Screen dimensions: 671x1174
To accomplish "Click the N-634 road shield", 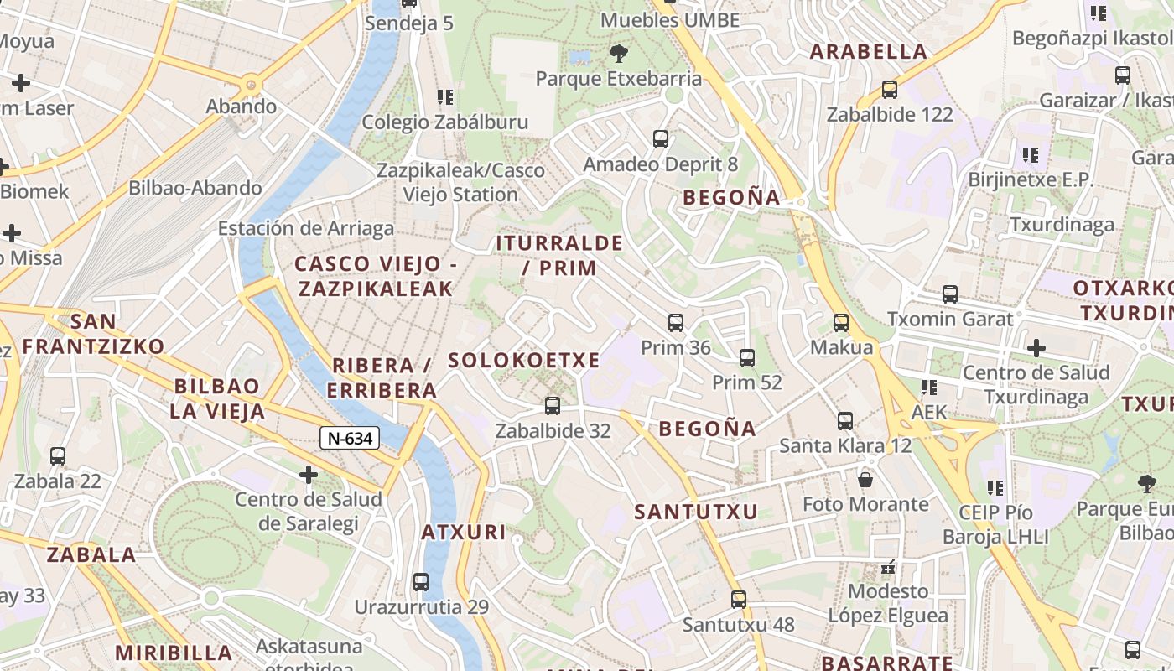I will pos(350,437).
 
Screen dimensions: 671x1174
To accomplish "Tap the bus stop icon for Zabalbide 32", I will pos(552,406).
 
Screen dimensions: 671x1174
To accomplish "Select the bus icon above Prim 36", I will pos(676,323).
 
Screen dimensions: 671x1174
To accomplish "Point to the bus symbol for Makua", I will pos(841,323).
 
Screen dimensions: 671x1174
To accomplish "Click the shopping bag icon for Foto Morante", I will pos(865,480).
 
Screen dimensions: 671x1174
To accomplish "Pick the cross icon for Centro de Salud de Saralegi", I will pos(309,476).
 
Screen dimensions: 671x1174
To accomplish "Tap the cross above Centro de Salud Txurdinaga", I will pos(1036,347).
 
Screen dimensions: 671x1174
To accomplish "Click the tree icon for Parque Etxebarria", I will pos(619,55).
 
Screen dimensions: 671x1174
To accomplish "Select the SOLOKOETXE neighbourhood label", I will pos(524,361).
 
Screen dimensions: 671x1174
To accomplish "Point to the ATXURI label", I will pos(464,532).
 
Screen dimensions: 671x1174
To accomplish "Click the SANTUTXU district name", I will pos(696,512).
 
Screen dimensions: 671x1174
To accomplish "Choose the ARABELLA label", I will pos(869,52).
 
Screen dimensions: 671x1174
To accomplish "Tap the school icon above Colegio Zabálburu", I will pos(445,97).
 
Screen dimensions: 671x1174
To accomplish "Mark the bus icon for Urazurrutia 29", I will pos(421,581).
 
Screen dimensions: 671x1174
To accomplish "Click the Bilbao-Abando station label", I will pos(195,188).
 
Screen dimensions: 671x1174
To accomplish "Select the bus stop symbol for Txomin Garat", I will pos(950,294).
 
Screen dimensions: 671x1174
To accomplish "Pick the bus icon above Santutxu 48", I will pos(738,600).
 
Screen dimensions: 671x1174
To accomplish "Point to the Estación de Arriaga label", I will pos(306,228).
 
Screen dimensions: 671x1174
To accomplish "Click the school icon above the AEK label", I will pos(928,388).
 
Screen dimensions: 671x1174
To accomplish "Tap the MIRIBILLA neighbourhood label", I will pos(174,653).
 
